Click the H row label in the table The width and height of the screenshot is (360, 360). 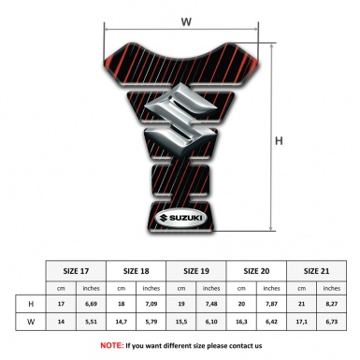pos(33,305)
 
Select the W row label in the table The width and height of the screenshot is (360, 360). pos(33,323)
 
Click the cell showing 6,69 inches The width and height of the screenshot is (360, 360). pos(92,305)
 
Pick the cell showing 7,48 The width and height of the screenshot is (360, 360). pos(212,305)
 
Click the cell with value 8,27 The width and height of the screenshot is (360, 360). pos(331,305)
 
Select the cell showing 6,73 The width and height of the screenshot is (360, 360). pos(331,323)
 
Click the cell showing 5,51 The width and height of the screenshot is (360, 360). pos(92,323)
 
